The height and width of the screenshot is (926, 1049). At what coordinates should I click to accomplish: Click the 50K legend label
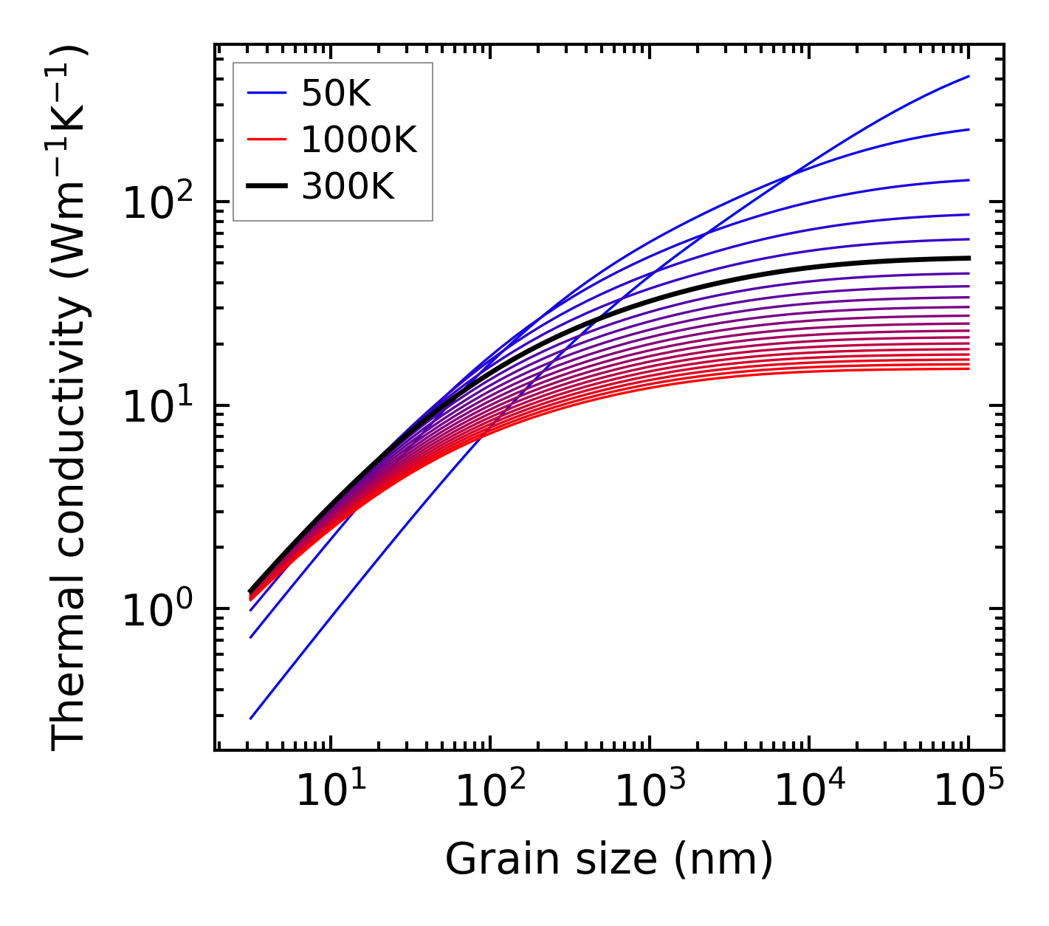point(336,94)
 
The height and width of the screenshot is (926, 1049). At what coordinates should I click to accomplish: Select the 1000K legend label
point(359,140)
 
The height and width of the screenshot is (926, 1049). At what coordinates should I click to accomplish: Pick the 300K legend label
point(348,187)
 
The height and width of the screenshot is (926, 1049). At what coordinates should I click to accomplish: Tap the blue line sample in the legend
point(266,94)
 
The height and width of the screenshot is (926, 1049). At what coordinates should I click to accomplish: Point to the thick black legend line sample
point(266,187)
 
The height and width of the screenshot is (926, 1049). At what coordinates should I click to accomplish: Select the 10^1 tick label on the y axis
point(157,407)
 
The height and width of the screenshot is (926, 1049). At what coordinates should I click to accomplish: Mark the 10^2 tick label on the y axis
point(157,203)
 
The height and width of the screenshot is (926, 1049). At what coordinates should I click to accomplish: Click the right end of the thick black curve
point(969,258)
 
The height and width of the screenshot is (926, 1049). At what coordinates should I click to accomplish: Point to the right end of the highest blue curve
point(969,76)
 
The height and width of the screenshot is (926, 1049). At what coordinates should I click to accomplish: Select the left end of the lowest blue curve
point(251,718)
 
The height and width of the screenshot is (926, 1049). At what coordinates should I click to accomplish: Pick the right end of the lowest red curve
point(969,368)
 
